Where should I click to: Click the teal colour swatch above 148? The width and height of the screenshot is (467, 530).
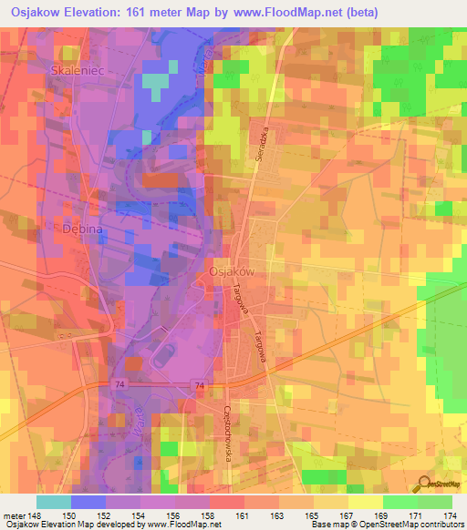tap(53, 502)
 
